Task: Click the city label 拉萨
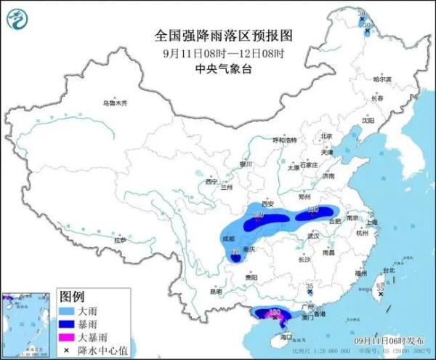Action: pos(120,239)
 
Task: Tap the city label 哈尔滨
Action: pos(381,79)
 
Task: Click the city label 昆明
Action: pos(215,291)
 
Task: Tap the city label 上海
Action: pos(374,222)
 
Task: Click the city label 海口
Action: pos(286,337)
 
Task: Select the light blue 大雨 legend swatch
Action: pos(70,311)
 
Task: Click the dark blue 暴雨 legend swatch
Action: pos(70,324)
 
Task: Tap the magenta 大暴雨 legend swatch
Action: pos(70,337)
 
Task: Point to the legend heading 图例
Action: pos(72,297)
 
